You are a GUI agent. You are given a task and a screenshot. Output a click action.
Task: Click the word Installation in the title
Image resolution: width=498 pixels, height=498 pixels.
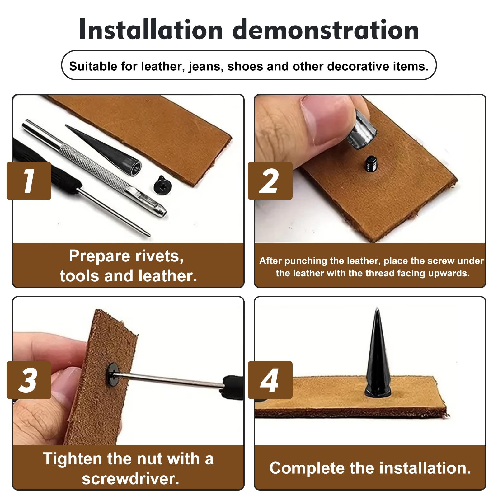click(x=151, y=30)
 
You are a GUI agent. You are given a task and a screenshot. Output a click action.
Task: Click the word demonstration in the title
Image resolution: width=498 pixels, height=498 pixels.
click(x=326, y=30)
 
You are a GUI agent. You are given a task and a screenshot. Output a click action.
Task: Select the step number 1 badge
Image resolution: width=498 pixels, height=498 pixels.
click(x=29, y=181)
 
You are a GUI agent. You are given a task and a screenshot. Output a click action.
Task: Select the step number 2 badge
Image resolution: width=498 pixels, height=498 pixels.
click(x=270, y=181)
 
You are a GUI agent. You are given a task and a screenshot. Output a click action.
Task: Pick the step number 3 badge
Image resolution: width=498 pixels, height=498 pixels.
click(x=29, y=380)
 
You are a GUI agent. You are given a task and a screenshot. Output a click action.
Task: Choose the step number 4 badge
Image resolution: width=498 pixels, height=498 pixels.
click(x=270, y=380)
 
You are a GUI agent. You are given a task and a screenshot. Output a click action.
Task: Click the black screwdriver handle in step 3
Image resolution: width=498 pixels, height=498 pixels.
click(x=233, y=387)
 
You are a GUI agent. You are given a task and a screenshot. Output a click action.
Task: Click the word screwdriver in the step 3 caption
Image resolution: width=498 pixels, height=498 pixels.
click(x=131, y=479)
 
